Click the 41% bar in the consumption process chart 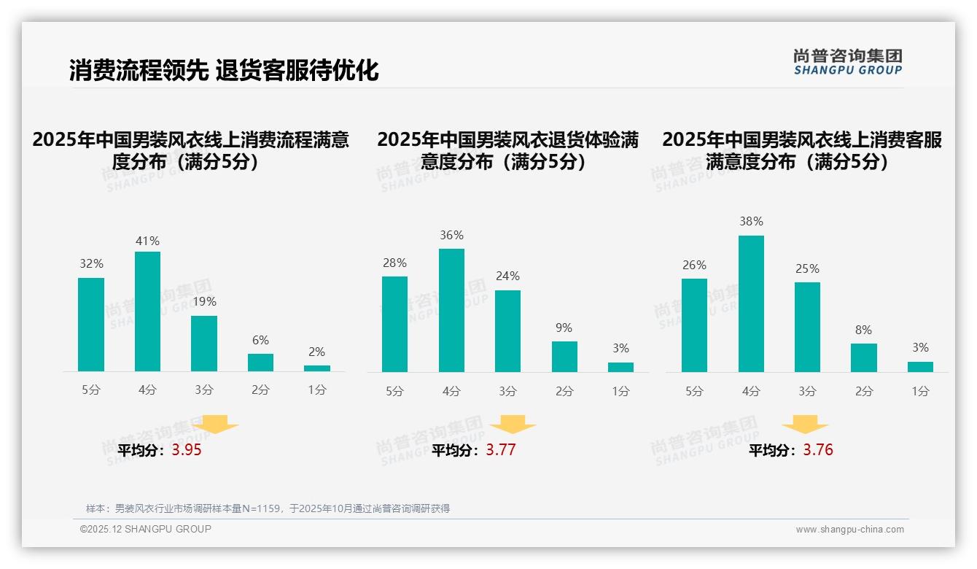(x=147, y=311)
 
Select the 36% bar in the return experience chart (x=451, y=310)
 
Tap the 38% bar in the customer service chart (x=751, y=303)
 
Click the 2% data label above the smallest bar (x=316, y=352)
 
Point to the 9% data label (x=564, y=328)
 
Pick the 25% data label (x=807, y=269)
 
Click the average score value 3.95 (x=187, y=450)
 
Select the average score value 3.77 (x=501, y=450)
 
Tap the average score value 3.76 (x=818, y=450)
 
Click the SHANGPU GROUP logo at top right (x=847, y=62)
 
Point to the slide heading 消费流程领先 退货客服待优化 (x=224, y=71)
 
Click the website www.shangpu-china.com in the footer (x=849, y=530)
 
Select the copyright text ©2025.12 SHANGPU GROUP (x=146, y=529)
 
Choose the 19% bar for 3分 (x=204, y=344)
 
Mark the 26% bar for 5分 (x=694, y=325)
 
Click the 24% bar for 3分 (x=507, y=331)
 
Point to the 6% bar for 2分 (x=260, y=363)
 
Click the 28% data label (x=394, y=263)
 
